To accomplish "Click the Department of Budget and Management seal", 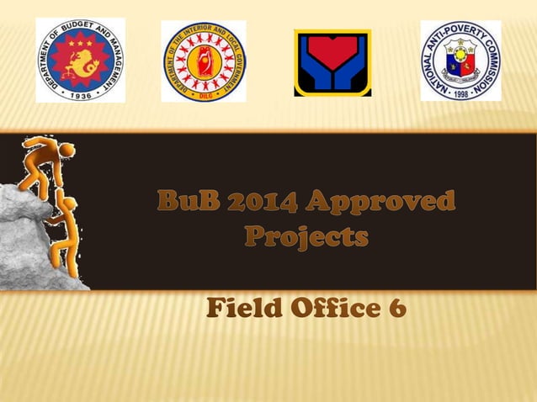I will click(x=80, y=60).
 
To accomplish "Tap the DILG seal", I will click(x=204, y=61).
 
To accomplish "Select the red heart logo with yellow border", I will click(x=332, y=63).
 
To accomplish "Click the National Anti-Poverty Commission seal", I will click(x=460, y=61).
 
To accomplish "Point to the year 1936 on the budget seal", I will click(x=80, y=95).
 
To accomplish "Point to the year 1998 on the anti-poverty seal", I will click(x=460, y=94).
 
